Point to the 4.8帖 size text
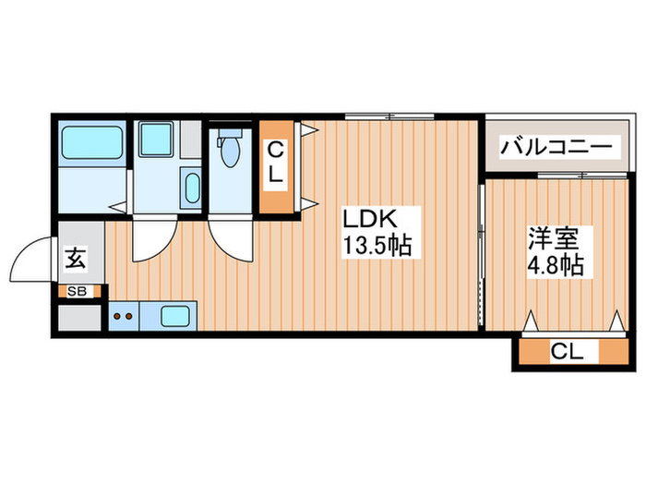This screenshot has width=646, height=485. click(x=554, y=266)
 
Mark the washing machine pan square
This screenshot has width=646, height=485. click(x=153, y=141)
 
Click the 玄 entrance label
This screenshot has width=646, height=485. click(x=76, y=260)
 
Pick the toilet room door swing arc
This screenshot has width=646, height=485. click(x=229, y=243)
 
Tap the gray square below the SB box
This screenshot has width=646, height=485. click(x=78, y=317)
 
